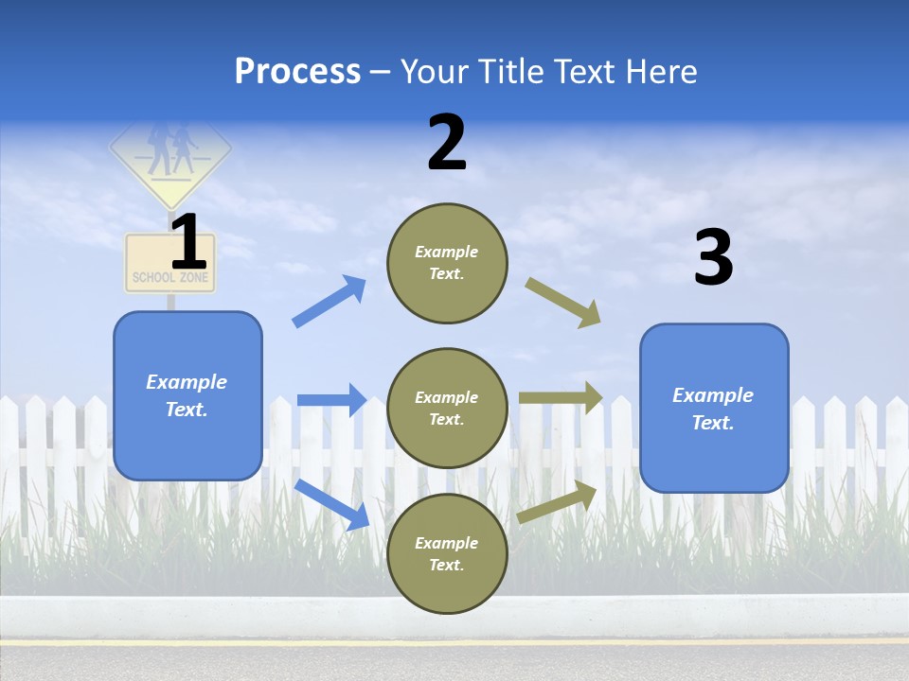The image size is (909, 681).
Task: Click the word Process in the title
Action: tap(297, 72)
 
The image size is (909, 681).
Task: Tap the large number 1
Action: tap(188, 243)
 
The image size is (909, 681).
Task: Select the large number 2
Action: tap(447, 143)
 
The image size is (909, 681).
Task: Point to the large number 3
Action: tap(713, 258)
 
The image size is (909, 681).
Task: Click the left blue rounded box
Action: tap(187, 395)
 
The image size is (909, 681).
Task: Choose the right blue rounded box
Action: tap(714, 408)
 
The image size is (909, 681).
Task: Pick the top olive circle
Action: tap(447, 263)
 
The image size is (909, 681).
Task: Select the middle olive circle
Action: tap(447, 408)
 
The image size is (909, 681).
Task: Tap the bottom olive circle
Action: tap(447, 553)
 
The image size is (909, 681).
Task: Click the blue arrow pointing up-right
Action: tap(329, 302)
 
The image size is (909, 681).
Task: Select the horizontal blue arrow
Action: tap(331, 400)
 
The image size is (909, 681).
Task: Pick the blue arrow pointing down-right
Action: tap(331, 504)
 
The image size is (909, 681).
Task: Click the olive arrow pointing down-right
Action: tap(563, 302)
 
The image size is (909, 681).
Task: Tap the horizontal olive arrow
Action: tap(561, 398)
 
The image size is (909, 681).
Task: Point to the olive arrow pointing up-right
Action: tap(557, 502)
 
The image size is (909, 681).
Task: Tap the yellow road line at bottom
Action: tap(454, 642)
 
